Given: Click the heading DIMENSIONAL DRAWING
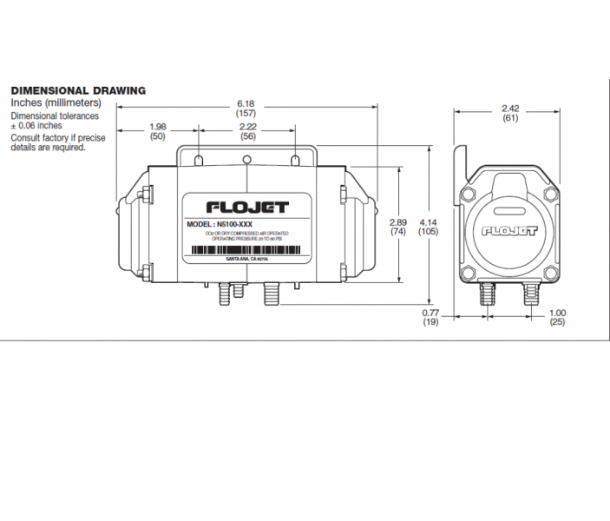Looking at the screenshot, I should tap(77, 90).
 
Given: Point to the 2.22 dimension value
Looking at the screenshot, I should tap(247, 127).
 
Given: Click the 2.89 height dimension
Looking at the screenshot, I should tap(398, 222).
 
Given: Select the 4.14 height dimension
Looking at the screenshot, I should tap(428, 222).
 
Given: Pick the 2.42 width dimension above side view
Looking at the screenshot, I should tap(510, 109).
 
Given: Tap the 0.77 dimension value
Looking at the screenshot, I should tap(430, 313).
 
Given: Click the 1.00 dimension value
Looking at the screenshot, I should tap(558, 313).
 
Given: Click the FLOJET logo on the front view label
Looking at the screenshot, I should tap(247, 208).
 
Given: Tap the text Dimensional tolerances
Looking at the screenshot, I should tap(54, 115).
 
